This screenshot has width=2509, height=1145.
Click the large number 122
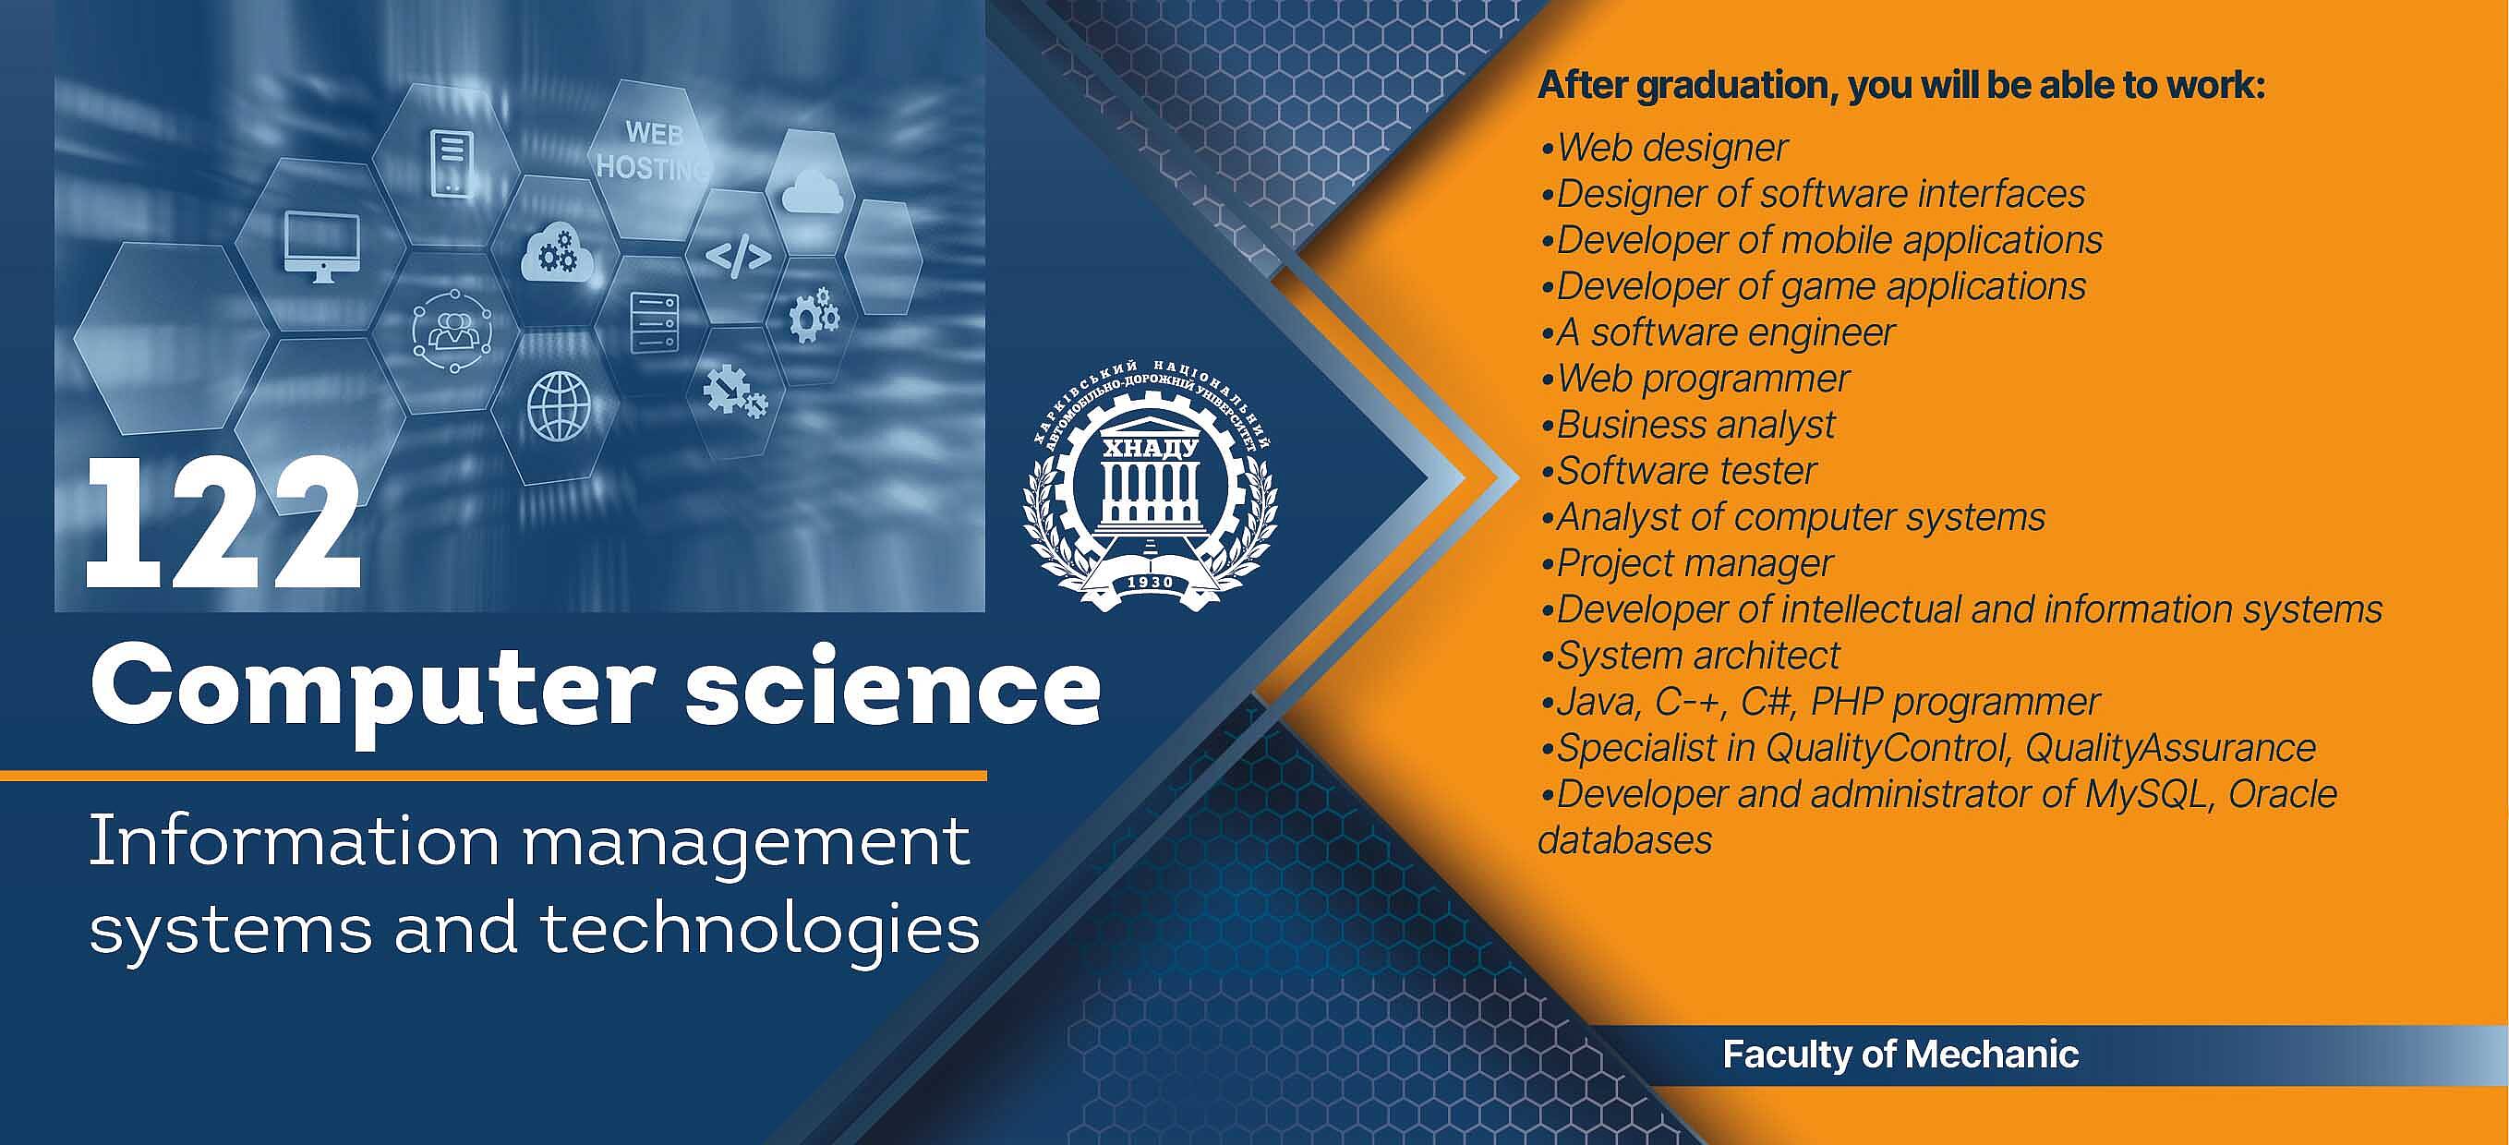pos(223,523)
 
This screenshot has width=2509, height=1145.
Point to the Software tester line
pos(1678,471)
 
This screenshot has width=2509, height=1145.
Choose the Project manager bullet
pos(1686,564)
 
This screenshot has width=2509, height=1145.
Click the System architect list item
pos(1690,657)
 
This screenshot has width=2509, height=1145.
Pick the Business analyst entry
pos(1687,426)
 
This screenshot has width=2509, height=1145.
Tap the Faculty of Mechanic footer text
pos(1900,1055)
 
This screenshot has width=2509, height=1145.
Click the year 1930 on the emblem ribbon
pos(1151,583)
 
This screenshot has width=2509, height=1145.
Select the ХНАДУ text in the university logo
pos(1150,449)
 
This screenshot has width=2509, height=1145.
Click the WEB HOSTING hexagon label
pos(654,151)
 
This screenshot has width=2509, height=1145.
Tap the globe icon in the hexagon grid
pos(559,408)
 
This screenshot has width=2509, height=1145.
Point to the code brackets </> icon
pos(738,256)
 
